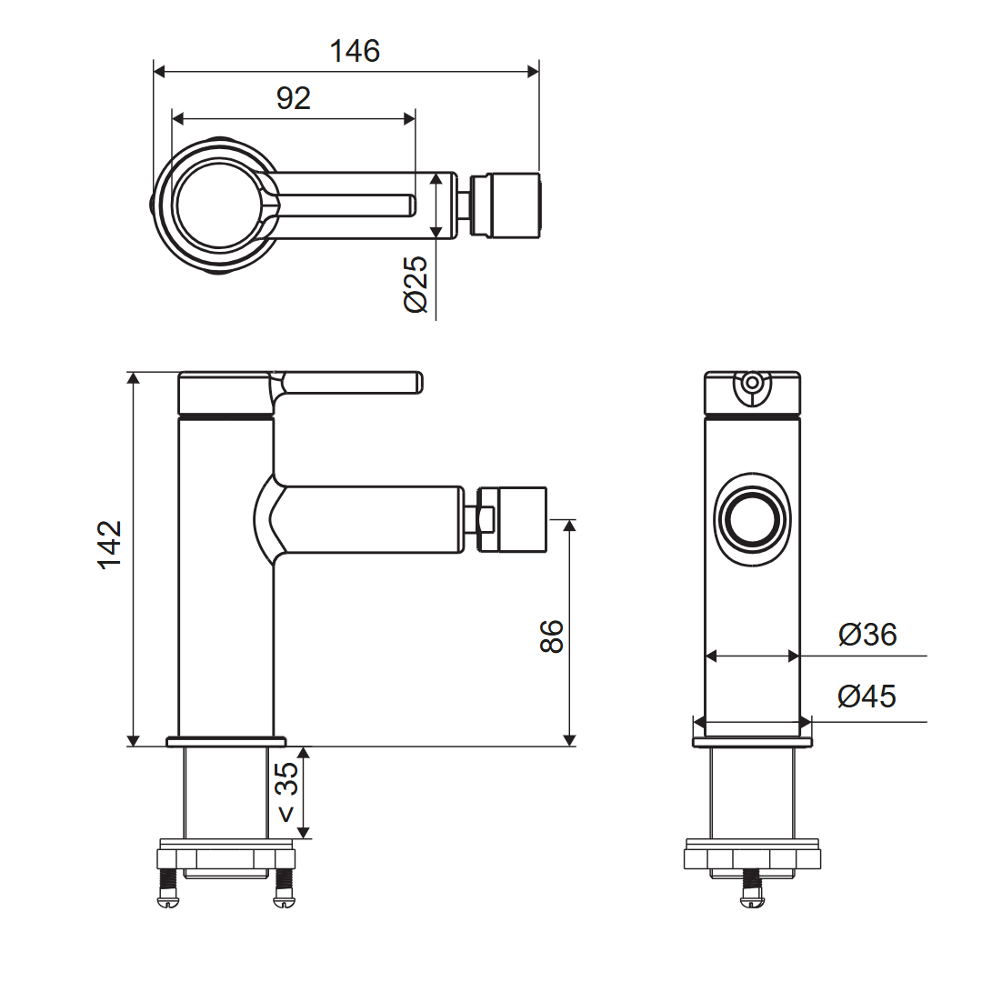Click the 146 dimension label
tap(355, 51)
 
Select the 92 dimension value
tap(294, 98)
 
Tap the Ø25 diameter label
tap(416, 285)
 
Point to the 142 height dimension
tap(110, 544)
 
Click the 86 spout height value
tap(552, 636)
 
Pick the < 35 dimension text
tap(286, 792)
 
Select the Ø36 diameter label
tap(867, 634)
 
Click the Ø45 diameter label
tap(867, 696)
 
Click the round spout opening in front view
tap(752, 520)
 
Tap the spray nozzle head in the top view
tap(515, 205)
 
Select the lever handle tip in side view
tap(416, 382)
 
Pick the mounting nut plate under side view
tap(227, 859)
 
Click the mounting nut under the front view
tap(752, 858)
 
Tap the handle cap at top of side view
tap(225, 394)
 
